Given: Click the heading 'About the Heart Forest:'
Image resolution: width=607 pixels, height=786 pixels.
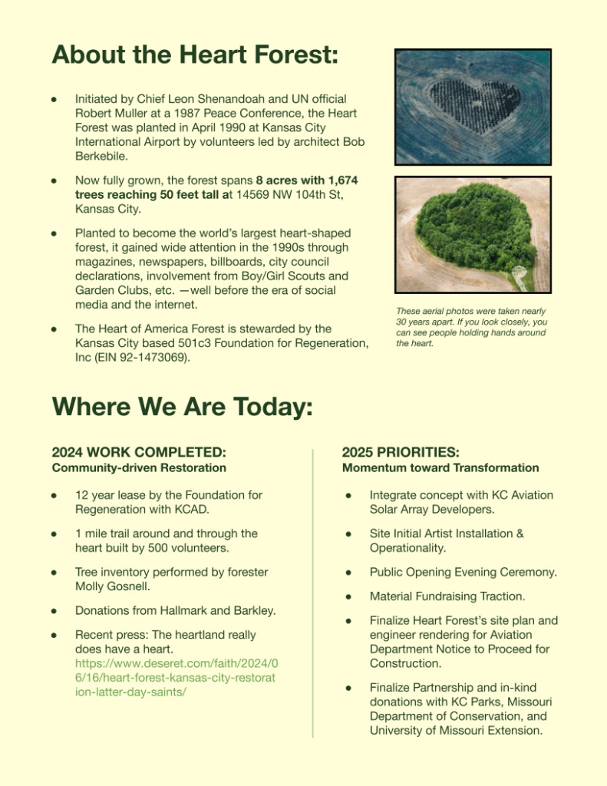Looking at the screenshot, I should click(195, 56).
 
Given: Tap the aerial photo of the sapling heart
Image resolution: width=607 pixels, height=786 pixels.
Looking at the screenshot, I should click(473, 107).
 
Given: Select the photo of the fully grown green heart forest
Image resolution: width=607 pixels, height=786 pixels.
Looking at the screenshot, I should click(473, 234).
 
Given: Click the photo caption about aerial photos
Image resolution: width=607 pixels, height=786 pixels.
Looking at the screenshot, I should click(471, 327).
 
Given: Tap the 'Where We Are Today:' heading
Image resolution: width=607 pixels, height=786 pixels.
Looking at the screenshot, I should click(182, 406).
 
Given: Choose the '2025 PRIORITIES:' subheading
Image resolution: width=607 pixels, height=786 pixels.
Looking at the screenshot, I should click(411, 452).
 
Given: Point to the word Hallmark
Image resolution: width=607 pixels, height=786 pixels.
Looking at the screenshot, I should click(174, 610).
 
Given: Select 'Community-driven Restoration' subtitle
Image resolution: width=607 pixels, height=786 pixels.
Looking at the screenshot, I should click(139, 467).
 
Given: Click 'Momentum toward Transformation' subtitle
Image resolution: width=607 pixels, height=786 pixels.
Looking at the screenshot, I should click(440, 467).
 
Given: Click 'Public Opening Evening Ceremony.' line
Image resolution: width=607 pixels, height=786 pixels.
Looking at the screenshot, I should click(463, 572).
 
